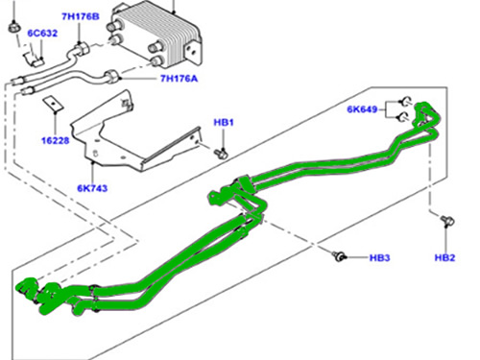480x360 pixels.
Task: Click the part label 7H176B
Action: [81, 16]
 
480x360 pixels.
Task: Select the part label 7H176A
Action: [179, 79]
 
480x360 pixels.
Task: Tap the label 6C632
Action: [42, 34]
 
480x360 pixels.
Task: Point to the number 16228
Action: [56, 140]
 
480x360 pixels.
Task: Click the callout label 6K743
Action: [92, 188]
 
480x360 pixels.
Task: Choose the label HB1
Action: [224, 123]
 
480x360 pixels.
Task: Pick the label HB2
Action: [444, 257]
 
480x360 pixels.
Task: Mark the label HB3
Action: [379, 258]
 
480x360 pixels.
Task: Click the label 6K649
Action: [362, 109]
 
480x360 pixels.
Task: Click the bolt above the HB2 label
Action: [448, 221]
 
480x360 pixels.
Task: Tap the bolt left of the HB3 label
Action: [339, 255]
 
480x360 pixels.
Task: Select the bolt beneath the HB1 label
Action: [221, 154]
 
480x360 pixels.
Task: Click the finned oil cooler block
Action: [156, 36]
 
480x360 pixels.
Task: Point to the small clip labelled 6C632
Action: [33, 59]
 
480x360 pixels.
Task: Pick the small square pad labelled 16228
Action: [53, 104]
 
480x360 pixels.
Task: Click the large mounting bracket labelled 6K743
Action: [134, 134]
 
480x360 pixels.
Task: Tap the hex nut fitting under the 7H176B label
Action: [82, 49]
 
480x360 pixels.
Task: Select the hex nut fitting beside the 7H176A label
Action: [111, 77]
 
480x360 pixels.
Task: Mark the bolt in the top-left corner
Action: [13, 27]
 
